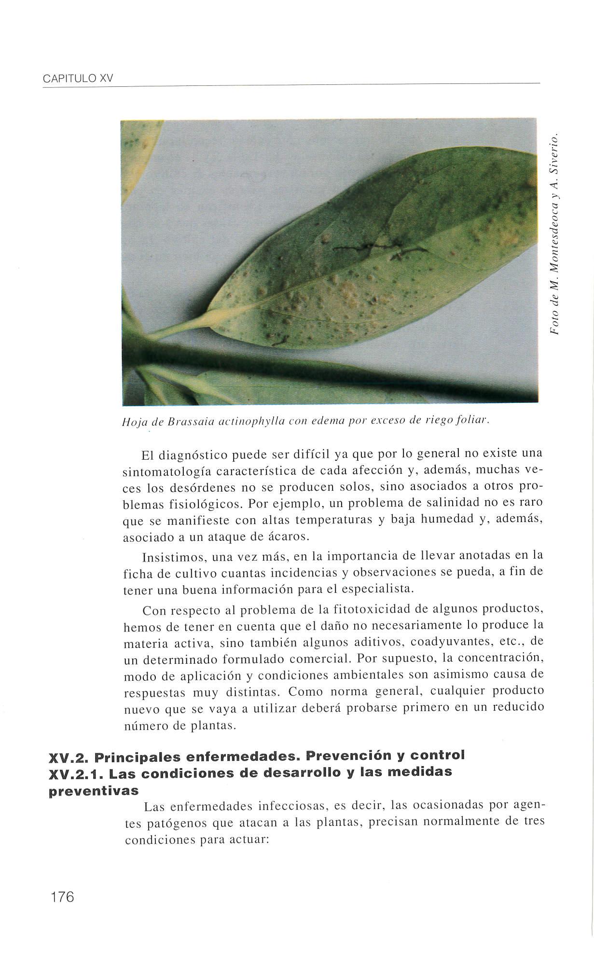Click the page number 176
(61, 897)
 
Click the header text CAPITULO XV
(77, 79)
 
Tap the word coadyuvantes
(455, 643)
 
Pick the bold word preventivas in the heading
(94, 791)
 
